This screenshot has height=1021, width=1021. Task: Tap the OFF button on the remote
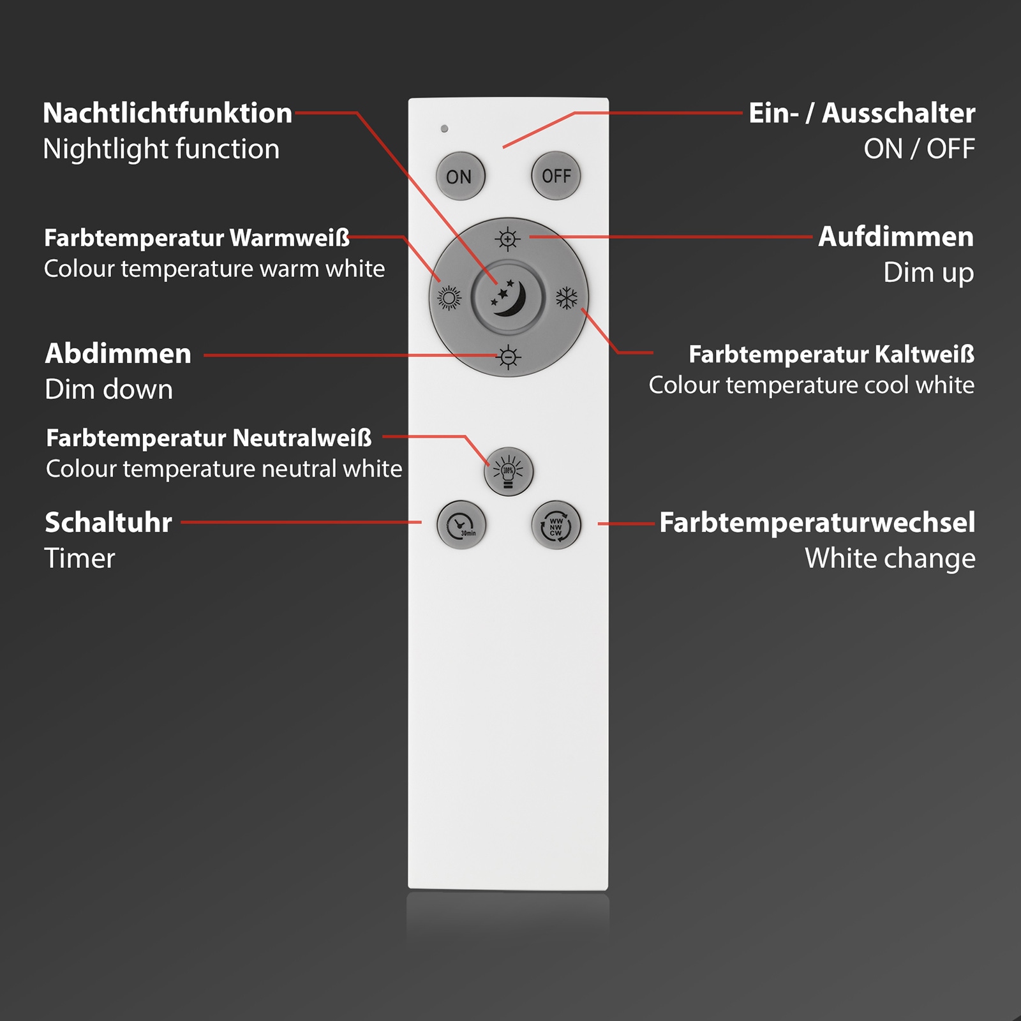(x=556, y=175)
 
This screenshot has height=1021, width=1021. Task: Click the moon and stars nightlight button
(x=508, y=297)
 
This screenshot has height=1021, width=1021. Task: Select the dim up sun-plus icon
(x=508, y=239)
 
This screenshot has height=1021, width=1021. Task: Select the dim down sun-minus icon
(x=508, y=357)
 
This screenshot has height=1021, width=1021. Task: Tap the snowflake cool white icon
(x=567, y=298)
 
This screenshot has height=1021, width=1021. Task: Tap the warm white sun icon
(x=449, y=298)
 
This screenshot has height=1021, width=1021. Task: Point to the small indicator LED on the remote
(x=444, y=129)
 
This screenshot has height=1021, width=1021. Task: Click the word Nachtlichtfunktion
(x=167, y=113)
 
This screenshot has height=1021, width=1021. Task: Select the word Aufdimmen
(x=896, y=237)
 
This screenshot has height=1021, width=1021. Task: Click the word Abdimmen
(x=118, y=354)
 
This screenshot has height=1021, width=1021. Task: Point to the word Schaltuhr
(x=108, y=523)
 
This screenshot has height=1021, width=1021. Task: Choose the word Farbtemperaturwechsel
(x=817, y=523)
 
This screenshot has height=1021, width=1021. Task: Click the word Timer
(x=80, y=558)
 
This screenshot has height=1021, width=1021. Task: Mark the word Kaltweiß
(x=924, y=354)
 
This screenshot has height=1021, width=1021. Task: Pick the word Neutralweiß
(x=302, y=438)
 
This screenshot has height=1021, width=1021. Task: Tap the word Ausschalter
(x=898, y=113)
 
